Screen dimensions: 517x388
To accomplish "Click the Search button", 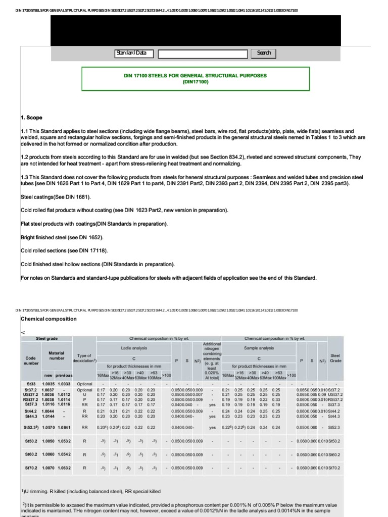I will pos(264,53).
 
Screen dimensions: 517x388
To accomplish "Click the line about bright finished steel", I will pos(62,237).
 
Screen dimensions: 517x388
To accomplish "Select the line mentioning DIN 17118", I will pos(64,250).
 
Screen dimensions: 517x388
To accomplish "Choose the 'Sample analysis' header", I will pos(259,348).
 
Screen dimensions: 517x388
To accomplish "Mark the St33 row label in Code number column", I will pos(31,384).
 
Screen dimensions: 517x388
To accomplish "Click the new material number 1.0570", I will pos(48,428).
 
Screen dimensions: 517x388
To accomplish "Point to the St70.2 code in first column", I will pos(32,468).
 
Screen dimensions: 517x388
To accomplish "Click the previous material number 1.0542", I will pos(65,454).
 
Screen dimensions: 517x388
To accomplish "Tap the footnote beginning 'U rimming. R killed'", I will pos(91,491).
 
